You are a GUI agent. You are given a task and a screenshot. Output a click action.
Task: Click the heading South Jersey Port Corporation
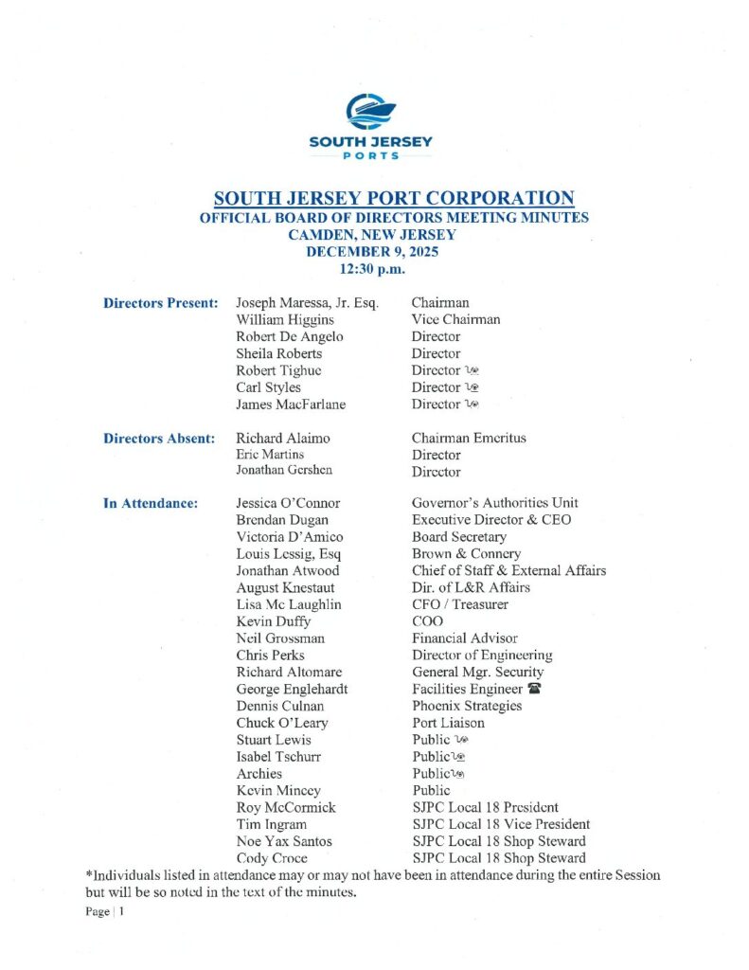[x=394, y=198]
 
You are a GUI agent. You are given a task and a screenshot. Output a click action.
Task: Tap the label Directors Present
[x=161, y=303]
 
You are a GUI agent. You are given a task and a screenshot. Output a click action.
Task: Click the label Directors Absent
[x=160, y=438]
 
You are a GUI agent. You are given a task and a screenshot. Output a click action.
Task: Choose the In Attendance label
[x=151, y=503]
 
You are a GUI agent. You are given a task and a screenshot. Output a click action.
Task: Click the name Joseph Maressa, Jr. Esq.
[x=308, y=303]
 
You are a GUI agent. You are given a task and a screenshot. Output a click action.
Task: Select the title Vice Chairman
[x=455, y=319]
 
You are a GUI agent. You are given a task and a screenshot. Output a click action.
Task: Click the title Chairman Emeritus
[x=469, y=438]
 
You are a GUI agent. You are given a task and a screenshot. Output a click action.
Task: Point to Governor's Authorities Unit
[x=494, y=503]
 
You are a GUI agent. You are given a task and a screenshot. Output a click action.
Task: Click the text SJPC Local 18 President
[x=485, y=807]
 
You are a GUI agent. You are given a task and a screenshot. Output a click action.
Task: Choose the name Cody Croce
[x=272, y=858]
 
